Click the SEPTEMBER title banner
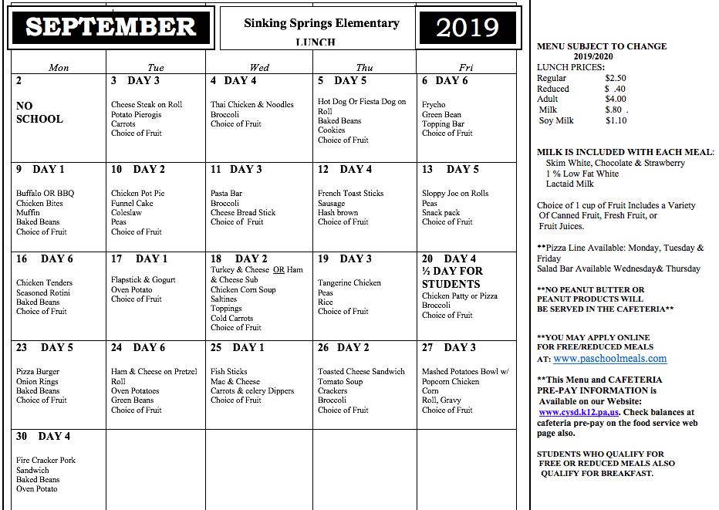tap(110, 27)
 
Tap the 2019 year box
tap(467, 28)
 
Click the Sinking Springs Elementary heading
tap(322, 23)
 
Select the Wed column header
tap(259, 68)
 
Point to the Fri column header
tap(466, 68)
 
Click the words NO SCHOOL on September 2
tap(39, 113)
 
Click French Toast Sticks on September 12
tap(350, 194)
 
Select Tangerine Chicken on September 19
tap(349, 283)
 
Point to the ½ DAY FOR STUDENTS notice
tap(452, 277)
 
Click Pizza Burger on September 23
tap(38, 372)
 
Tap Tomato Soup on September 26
tap(340, 381)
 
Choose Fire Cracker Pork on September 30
tap(47, 461)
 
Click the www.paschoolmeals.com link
tap(609, 359)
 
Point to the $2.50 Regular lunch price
tap(616, 78)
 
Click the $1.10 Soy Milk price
tap(616, 120)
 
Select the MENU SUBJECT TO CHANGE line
tap(602, 46)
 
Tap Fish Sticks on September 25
tap(229, 372)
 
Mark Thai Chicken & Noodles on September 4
tap(252, 105)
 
